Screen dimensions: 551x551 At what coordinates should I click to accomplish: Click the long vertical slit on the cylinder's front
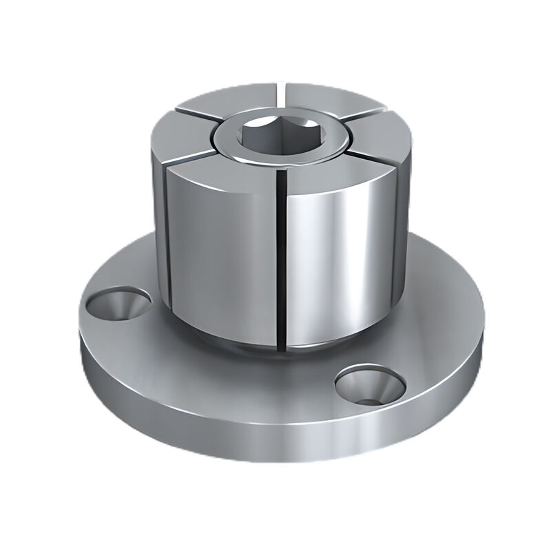pyautogui.click(x=282, y=262)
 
